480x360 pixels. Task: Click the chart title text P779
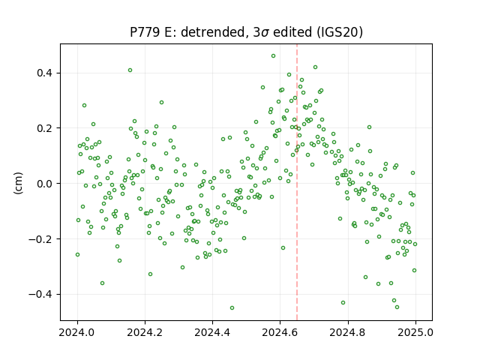pyautogui.click(x=145, y=31)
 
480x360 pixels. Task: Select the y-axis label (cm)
pyautogui.click(x=18, y=183)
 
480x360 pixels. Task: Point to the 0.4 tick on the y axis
pyautogui.click(x=44, y=73)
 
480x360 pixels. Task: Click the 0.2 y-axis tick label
pyautogui.click(x=44, y=128)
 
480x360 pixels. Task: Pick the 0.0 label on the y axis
pyautogui.click(x=44, y=184)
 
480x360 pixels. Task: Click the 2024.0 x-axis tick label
pyautogui.click(x=77, y=332)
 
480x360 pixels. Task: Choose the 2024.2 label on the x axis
pyautogui.click(x=145, y=332)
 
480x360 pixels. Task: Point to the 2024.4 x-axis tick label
pyautogui.click(x=212, y=332)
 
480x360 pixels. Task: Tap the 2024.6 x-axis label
pyautogui.click(x=280, y=332)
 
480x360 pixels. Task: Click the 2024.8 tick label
pyautogui.click(x=348, y=332)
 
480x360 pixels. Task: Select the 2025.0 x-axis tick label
pyautogui.click(x=415, y=332)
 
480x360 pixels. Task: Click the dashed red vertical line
pyautogui.click(x=297, y=182)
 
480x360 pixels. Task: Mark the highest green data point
pyautogui.click(x=273, y=56)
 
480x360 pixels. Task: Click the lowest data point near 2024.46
pyautogui.click(x=232, y=308)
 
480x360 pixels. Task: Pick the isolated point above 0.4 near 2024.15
pyautogui.click(x=130, y=70)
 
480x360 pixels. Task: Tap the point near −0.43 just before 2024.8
pyautogui.click(x=343, y=303)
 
